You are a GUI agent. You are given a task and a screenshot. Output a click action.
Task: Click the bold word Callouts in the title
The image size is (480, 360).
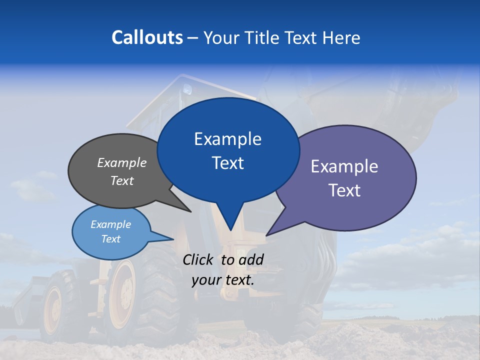[x=147, y=37]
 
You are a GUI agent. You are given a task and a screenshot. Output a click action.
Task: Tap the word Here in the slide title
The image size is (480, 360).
[x=342, y=37]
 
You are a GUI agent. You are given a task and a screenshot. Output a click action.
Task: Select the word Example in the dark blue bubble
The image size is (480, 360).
[x=227, y=139]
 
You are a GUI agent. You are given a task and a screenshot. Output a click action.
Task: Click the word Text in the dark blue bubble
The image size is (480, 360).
[x=227, y=163]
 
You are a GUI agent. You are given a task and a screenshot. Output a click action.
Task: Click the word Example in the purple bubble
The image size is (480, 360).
[x=344, y=166]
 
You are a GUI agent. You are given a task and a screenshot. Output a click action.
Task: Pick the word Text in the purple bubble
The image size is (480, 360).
[x=344, y=190]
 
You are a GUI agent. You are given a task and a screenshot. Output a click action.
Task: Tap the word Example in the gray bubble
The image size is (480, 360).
[x=122, y=163]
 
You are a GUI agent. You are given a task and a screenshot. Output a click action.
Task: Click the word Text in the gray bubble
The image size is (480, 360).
[x=122, y=181]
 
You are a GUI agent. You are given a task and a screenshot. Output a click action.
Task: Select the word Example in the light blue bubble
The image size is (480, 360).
[x=110, y=224]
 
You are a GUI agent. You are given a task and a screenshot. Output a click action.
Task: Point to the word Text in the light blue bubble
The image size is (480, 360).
[x=110, y=239]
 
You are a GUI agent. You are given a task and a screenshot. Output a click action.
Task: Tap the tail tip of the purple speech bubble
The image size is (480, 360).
[x=267, y=235]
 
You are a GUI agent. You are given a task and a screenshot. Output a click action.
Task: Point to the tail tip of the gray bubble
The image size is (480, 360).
[x=190, y=211]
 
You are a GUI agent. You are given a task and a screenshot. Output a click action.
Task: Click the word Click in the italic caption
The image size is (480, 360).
[x=199, y=259]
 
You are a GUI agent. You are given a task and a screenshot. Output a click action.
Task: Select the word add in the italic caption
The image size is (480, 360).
[x=251, y=259]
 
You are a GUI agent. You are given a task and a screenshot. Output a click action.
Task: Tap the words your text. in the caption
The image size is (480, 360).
[x=223, y=280]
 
